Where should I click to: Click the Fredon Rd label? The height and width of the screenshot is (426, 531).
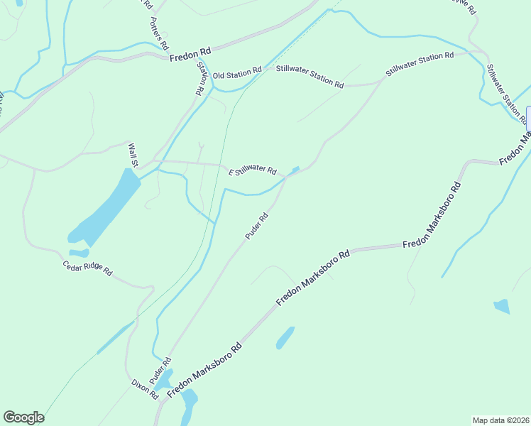(x=190, y=53)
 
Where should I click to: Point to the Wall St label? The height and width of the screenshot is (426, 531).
(x=133, y=154)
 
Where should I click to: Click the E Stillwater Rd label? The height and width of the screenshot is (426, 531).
(x=252, y=170)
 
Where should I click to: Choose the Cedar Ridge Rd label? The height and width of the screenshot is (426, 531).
(x=87, y=268)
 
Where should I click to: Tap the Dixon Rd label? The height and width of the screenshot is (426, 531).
(x=144, y=388)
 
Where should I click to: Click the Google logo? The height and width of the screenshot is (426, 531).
(x=23, y=417)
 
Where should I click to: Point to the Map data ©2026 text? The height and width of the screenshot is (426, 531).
(x=500, y=420)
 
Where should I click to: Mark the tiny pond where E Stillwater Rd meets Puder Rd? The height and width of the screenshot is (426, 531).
(x=295, y=169)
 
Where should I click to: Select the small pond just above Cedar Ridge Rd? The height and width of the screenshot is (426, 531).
(x=79, y=253)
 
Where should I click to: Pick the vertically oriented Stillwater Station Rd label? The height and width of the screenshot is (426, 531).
(x=505, y=92)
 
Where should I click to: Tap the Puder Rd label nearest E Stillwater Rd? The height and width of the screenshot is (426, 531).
(x=256, y=226)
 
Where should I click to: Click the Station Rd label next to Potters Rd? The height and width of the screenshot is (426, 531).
(x=202, y=77)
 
